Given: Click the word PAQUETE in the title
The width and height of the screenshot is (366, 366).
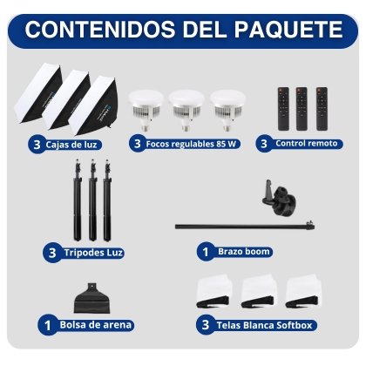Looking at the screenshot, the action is pos(288,29).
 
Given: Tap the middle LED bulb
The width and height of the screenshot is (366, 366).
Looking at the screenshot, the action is pos(186,110).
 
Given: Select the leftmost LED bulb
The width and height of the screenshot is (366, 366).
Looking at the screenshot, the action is pos(146,110).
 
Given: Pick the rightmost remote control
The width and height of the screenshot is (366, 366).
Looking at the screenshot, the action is pos(322,109).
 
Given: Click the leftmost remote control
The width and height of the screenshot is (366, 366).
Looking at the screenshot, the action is pos(283,109).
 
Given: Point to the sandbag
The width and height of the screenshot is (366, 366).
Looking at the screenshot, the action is pos(92,298).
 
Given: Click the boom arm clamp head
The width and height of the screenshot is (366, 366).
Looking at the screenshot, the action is pos(278,198).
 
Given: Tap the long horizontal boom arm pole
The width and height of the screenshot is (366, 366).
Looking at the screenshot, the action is pos(245,226).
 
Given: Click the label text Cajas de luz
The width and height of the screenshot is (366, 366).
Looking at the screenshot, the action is pos(71,145).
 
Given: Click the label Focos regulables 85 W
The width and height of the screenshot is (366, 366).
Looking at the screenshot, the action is pos(191,144).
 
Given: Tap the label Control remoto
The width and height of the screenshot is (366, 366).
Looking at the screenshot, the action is pos(307,143).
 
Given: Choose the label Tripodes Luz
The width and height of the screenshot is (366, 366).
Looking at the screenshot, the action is pos(93,253).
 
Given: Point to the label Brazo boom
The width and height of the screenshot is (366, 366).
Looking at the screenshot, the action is pos(244,251).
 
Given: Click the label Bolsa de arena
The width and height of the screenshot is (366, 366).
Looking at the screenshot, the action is pos(96,324).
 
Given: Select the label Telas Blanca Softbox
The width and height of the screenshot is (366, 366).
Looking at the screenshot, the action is pos(264,325).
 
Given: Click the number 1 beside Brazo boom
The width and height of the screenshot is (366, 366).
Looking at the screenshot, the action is pos(206,252).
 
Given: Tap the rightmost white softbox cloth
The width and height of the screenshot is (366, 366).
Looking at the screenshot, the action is pos(303,290).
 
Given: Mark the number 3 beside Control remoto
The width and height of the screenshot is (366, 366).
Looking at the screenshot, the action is pos(264,144).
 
